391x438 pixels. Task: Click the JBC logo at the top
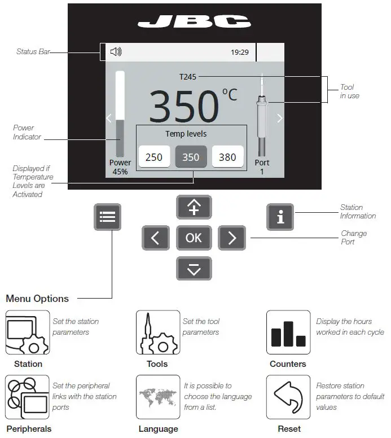pos(194,22)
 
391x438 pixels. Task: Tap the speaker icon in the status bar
pos(116,52)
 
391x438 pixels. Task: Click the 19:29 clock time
pos(239,52)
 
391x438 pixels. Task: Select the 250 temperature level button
pos(154,157)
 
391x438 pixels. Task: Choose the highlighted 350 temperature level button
pos(191,157)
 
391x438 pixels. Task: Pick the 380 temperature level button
pos(227,157)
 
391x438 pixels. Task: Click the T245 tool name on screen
pos(188,77)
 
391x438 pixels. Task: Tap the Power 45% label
pos(120,167)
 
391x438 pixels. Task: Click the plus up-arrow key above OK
pos(194,207)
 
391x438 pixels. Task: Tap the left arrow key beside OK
pos(156,238)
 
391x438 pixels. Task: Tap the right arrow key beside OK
pos(231,238)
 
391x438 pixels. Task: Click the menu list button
pos(107,217)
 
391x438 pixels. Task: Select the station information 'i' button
pos(280,217)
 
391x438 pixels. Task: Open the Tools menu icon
pos(158,332)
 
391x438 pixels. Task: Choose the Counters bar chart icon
pos(288,332)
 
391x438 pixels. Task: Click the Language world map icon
pos(158,397)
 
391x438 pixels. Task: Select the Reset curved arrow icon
pos(288,397)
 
